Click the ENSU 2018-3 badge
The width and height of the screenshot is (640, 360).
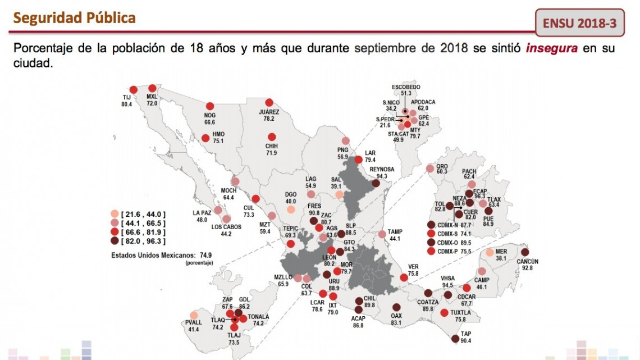(579, 24)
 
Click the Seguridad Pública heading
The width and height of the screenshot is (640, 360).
(74, 17)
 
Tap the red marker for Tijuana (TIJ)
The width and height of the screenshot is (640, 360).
(134, 90)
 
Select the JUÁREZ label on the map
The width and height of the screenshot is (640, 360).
(269, 111)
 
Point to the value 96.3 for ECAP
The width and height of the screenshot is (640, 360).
(481, 196)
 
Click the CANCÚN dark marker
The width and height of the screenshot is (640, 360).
(525, 252)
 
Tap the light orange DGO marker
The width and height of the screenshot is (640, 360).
(290, 209)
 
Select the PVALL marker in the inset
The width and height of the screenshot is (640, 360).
(194, 316)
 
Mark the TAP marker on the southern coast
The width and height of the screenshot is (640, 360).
(455, 339)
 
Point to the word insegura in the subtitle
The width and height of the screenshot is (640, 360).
(551, 48)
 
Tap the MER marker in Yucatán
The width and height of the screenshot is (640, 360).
(490, 253)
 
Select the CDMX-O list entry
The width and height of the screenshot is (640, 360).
(454, 243)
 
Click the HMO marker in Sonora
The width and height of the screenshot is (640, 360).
(204, 137)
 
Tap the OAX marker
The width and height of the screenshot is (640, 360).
(397, 307)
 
